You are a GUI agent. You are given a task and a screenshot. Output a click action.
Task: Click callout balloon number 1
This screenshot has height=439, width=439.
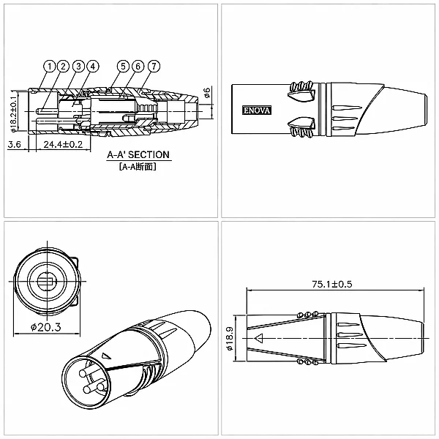coord(50,67)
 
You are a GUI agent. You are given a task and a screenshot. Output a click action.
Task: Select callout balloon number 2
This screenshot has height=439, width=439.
coord(63,67)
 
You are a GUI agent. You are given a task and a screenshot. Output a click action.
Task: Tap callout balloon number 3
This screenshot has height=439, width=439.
coord(78,67)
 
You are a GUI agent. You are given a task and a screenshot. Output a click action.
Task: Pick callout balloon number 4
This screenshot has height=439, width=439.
coord(93,67)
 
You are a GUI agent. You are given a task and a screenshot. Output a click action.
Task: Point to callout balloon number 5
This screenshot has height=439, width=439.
coord(123,67)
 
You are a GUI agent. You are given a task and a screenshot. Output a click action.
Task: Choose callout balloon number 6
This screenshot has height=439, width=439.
coord(138,67)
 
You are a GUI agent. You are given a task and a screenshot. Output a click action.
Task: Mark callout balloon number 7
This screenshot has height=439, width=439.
coord(154,67)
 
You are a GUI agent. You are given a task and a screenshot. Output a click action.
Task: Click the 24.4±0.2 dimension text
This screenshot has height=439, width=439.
coord(63,144)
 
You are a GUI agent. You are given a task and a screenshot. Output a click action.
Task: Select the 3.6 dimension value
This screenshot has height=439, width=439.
coord(15,144)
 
